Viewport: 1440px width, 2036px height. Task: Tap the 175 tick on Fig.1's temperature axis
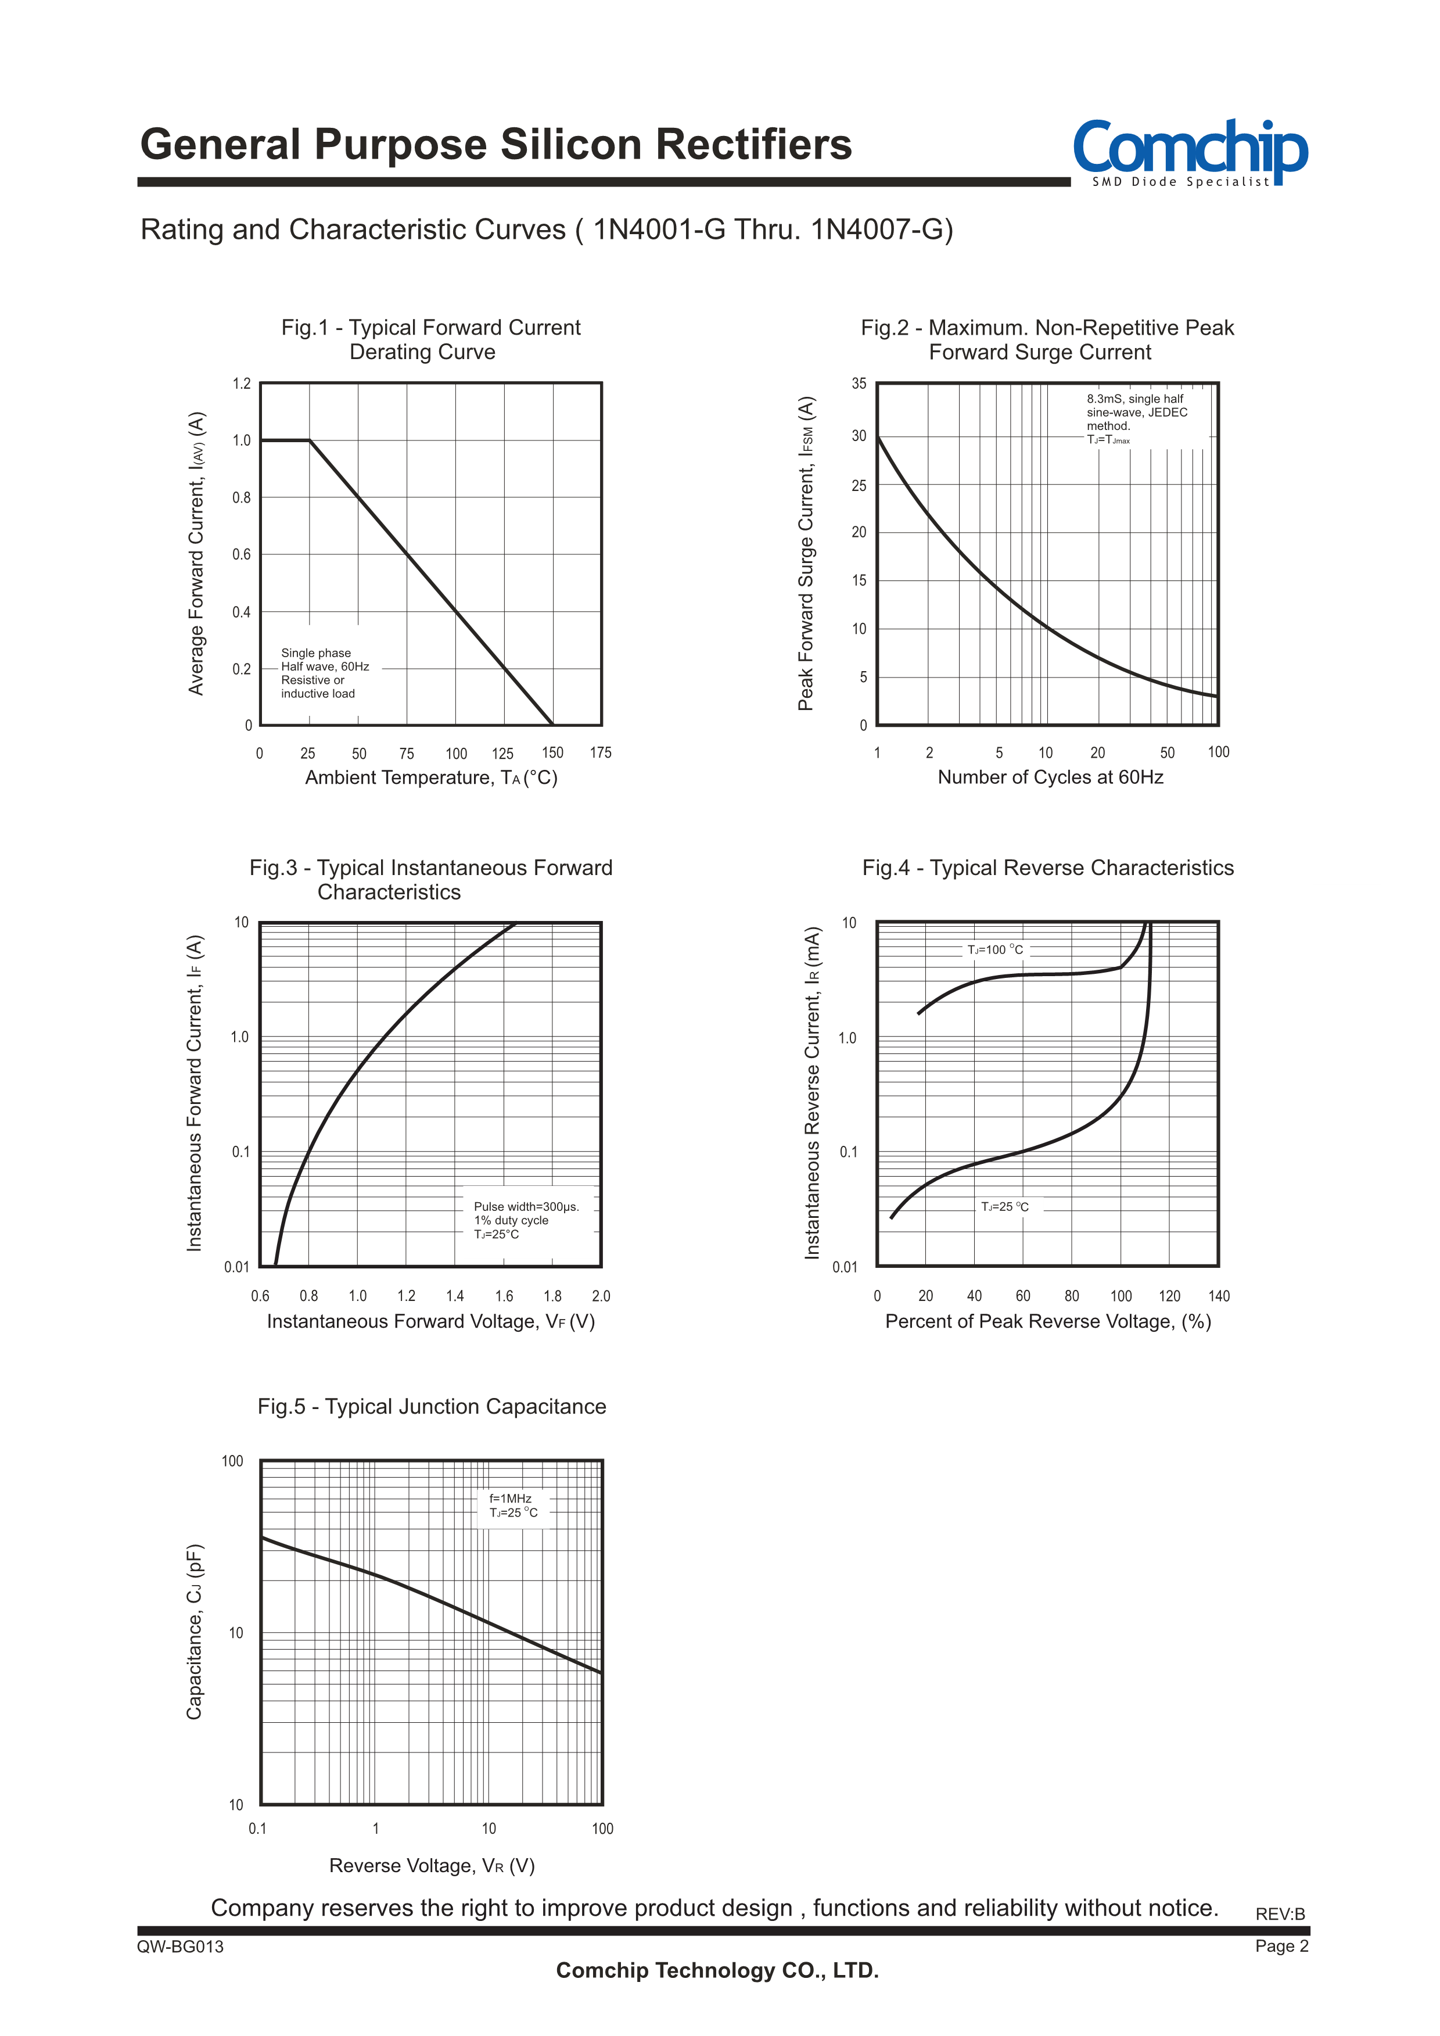(600, 753)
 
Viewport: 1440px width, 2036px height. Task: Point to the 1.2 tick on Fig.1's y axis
(241, 384)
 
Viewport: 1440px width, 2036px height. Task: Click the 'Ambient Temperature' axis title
(431, 777)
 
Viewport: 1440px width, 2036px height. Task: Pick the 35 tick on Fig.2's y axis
(859, 384)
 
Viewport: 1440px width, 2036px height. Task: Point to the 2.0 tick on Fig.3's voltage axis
(600, 1296)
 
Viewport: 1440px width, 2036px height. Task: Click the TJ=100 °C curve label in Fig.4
(995, 949)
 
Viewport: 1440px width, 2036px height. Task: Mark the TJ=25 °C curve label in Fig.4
(1004, 1207)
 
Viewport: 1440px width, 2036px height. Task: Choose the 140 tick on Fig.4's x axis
(1218, 1296)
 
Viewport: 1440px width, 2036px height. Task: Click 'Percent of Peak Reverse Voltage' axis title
(1047, 1322)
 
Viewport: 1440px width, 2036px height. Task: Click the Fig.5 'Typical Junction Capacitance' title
(432, 1407)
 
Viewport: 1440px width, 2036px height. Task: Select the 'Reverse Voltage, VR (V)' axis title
(432, 1866)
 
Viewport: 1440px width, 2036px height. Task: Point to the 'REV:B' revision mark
(1280, 1913)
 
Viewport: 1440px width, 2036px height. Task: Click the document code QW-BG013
(180, 1947)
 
